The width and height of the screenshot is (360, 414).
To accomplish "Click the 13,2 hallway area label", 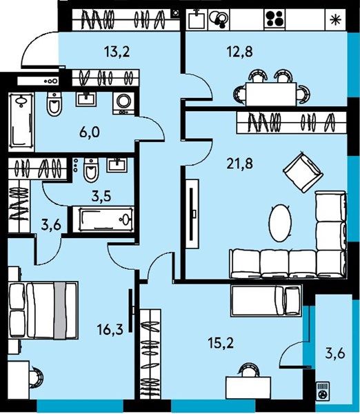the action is click(x=117, y=52).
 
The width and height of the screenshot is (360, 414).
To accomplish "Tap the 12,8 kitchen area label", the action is click(x=239, y=52).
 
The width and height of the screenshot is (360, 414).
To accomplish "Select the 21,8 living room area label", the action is click(x=239, y=164).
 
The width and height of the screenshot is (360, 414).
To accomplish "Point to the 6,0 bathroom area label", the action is click(x=90, y=132).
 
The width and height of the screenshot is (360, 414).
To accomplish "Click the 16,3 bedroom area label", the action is click(x=110, y=330).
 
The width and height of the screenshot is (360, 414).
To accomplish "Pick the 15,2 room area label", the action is click(x=221, y=343).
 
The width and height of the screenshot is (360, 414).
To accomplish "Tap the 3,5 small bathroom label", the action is click(x=101, y=197).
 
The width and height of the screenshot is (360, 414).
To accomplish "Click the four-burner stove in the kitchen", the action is click(x=274, y=19).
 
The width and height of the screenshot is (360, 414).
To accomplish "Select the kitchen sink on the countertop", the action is click(x=197, y=19).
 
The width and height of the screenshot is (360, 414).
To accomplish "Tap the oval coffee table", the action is click(x=280, y=223).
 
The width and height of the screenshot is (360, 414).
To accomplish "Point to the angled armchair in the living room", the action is click(x=303, y=172).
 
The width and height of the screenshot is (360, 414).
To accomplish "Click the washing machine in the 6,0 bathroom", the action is click(x=123, y=103).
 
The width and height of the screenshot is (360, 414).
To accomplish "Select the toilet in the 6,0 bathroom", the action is click(x=54, y=104).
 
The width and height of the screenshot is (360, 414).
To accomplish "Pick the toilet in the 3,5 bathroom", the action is click(x=91, y=170).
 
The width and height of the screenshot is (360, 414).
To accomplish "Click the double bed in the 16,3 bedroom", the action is click(x=43, y=310).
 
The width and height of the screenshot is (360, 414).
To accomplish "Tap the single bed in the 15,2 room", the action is click(x=266, y=300).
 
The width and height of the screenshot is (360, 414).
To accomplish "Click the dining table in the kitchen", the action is click(x=271, y=94).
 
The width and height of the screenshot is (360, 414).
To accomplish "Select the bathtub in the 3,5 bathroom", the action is click(x=103, y=219).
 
